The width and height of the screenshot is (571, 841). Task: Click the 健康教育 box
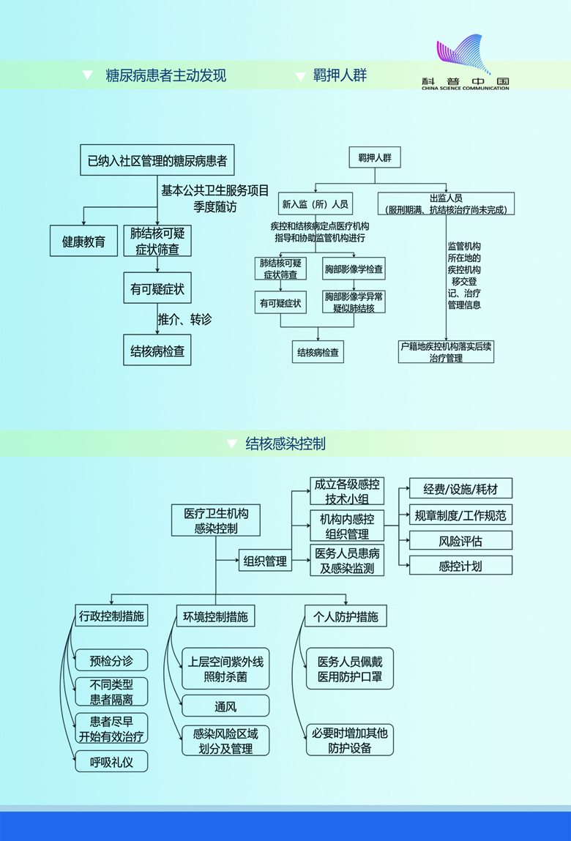point(83,242)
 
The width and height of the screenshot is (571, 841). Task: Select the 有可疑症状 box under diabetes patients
point(157,290)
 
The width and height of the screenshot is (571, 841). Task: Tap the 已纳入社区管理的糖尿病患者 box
point(157,160)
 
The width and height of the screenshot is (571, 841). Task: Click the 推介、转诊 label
point(184,320)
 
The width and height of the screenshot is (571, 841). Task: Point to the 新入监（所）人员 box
point(315,203)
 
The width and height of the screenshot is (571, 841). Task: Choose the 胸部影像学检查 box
point(354,269)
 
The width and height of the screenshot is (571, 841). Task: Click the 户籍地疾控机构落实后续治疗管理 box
point(446,351)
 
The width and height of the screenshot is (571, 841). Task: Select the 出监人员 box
point(446,203)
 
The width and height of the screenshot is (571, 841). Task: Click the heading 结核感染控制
point(285,444)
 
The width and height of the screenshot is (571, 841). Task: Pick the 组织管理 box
point(264,561)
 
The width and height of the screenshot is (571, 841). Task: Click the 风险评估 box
point(460,541)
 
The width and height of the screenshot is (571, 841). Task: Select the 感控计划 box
point(460,566)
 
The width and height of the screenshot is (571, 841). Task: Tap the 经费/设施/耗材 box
point(460,489)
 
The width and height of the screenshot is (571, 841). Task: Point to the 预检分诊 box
point(111,660)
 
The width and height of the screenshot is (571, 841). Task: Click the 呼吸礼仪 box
point(111,761)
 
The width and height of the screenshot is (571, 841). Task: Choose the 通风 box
point(225,706)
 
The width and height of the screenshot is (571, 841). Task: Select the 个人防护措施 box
point(346,616)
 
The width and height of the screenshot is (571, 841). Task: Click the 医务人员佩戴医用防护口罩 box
point(349,669)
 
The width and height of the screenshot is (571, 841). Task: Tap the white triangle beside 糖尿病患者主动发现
point(88,75)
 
